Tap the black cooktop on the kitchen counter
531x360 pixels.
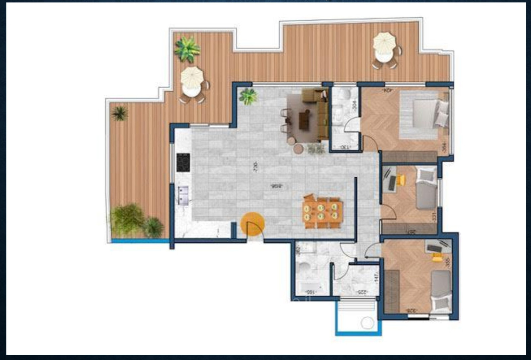[183, 162]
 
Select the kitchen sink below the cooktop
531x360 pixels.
[183, 195]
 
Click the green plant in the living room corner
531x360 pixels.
[248, 97]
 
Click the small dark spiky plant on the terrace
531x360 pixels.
[119, 113]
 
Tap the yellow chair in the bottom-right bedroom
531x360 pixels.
[437, 257]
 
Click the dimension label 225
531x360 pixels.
[362, 293]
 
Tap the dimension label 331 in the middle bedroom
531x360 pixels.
[434, 217]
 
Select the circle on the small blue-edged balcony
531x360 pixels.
[367, 322]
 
